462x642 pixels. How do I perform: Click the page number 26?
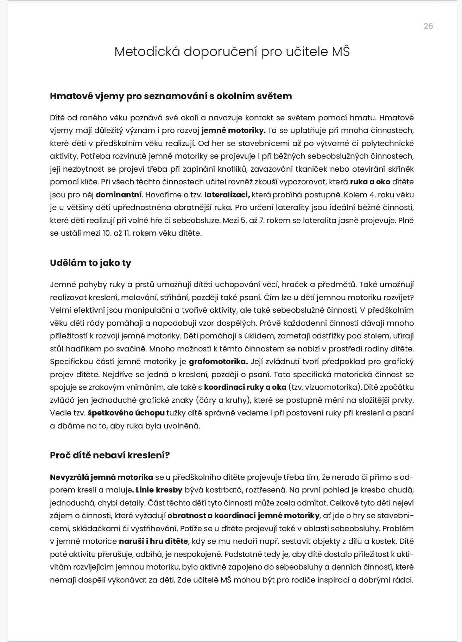click(428, 26)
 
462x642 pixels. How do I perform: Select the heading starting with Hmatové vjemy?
click(171, 96)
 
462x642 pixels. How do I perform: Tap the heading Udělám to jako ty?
click(90, 263)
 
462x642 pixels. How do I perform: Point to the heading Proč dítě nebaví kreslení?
click(110, 455)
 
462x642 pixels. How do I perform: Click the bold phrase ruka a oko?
click(370, 182)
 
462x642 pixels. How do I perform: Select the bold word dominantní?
click(119, 195)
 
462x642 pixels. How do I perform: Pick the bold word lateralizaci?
click(227, 195)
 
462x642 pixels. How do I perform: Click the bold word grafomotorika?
click(218, 362)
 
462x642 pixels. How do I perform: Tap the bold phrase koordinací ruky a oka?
click(245, 387)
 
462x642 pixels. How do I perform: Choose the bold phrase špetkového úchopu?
click(126, 413)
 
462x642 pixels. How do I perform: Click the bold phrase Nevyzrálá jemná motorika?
click(101, 477)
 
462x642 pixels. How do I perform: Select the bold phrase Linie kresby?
click(159, 490)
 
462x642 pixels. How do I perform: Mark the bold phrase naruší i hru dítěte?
click(153, 541)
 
